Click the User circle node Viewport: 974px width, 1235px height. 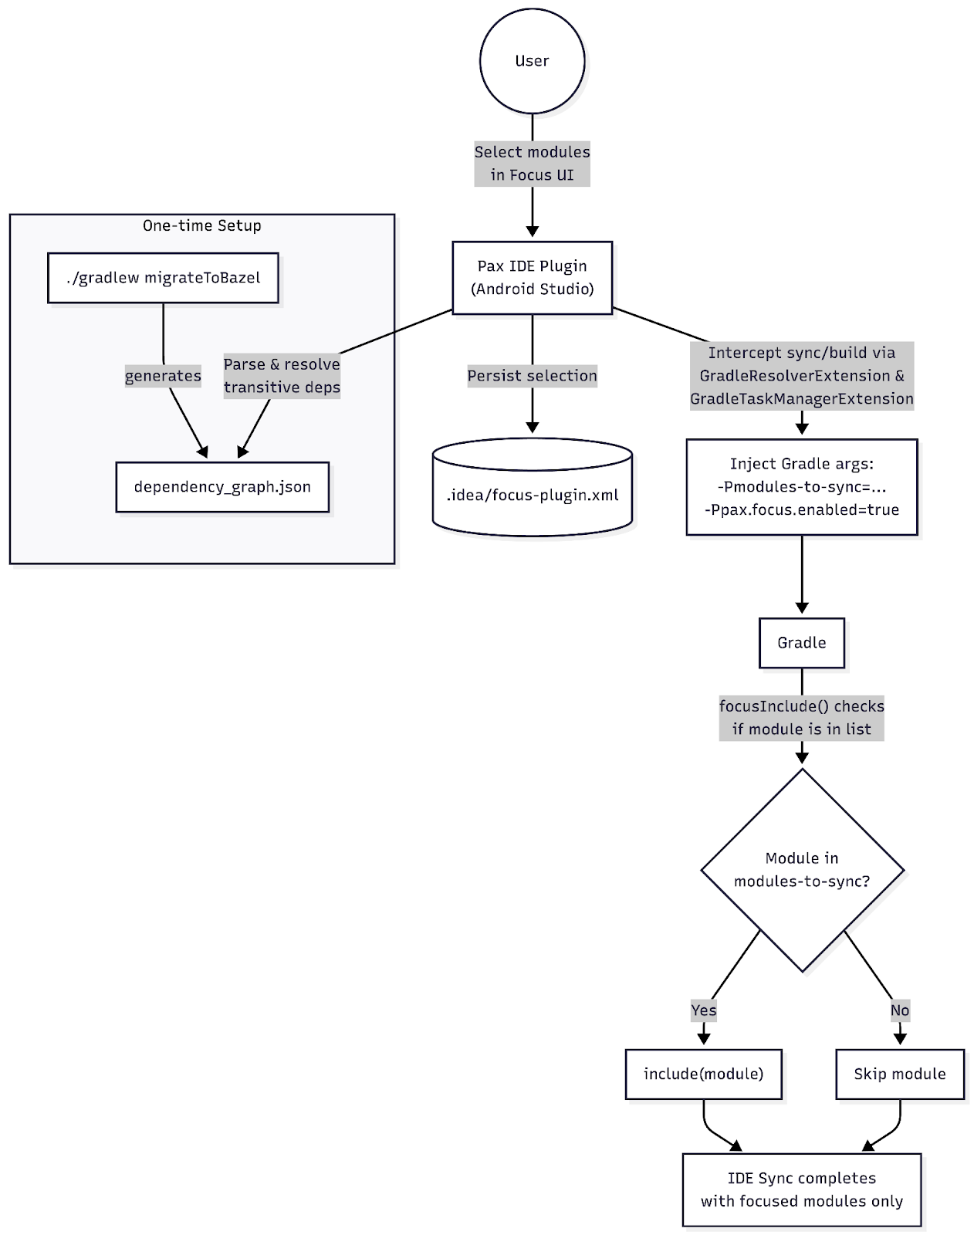pos(532,61)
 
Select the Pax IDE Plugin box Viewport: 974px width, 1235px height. pos(532,278)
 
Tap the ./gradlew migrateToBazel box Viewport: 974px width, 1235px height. pos(163,278)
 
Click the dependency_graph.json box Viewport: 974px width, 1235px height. pos(222,486)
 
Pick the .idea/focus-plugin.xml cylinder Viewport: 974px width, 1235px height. pos(532,487)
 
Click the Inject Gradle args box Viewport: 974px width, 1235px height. pos(802,486)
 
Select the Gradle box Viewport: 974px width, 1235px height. pos(802,643)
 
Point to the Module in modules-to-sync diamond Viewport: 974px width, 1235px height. pos(802,870)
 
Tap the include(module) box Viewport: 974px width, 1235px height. pos(704,1074)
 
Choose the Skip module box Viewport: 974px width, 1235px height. pos(900,1074)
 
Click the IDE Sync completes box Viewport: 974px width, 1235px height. pos(802,1189)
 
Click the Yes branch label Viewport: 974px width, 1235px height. pos(704,1010)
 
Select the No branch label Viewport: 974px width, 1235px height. pos(900,1010)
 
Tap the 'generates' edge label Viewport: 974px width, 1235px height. pos(163,376)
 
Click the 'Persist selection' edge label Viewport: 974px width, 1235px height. pos(532,376)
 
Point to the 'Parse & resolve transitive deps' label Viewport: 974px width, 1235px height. pos(282,376)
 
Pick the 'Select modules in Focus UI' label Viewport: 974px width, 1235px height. pos(532,164)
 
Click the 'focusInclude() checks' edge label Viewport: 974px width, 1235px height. pos(802,705)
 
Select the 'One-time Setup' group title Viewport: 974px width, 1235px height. pos(202,225)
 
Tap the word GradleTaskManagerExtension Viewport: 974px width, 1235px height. pos(802,399)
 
